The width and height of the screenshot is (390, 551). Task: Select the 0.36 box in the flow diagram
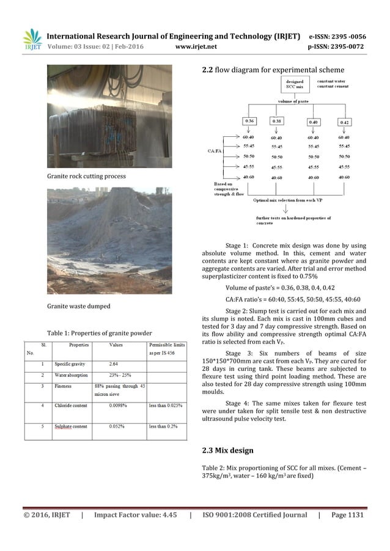pos(250,122)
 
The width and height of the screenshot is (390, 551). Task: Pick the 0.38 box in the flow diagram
pos(277,122)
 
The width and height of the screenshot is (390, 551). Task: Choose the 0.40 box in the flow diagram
pos(314,122)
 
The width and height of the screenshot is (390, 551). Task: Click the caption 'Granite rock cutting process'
pos(88,176)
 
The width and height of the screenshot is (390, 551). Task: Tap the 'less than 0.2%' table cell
pos(166,426)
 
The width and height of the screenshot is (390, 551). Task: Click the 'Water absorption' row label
pos(68,374)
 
